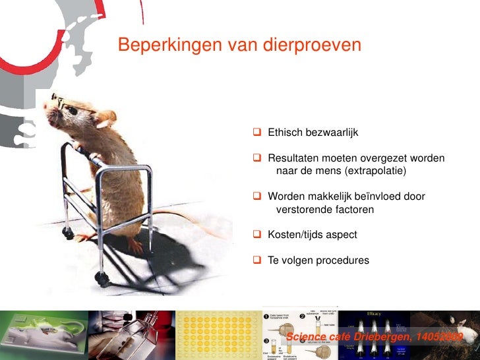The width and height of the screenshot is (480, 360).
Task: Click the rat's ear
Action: (x=104, y=119)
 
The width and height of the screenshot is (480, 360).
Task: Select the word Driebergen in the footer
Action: (x=384, y=338)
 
